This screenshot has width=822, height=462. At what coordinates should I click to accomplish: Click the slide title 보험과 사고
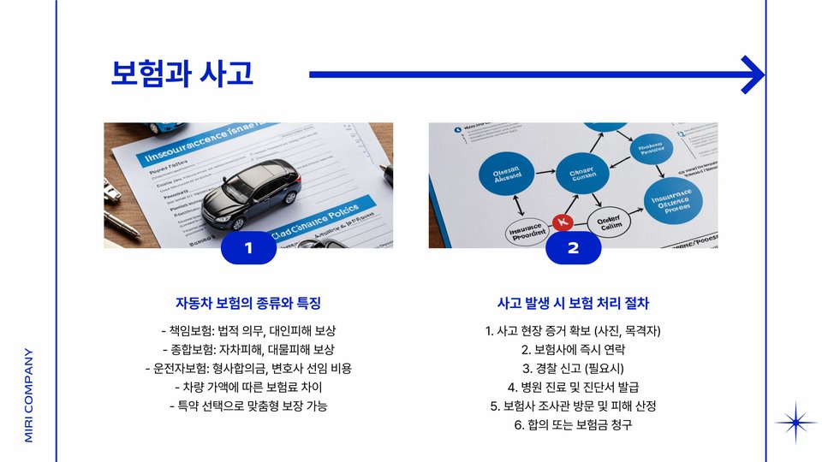pos(182,74)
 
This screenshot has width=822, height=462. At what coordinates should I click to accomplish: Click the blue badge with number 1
pos(248,248)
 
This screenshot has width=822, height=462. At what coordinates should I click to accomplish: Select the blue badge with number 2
pos(573,248)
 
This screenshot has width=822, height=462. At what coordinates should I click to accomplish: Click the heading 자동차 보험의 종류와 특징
pos(248,304)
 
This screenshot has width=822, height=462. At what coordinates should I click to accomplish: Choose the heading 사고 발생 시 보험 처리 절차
pos(573,304)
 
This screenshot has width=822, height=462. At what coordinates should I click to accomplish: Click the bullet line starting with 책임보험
pos(248,331)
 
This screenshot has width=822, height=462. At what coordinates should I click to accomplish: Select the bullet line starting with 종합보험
pos(248,350)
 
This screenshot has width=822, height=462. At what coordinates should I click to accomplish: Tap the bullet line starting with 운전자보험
pos(248,369)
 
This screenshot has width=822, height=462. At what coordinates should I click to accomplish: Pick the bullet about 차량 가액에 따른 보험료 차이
pos(248,388)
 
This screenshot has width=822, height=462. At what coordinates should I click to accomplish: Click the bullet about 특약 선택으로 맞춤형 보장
pos(248,406)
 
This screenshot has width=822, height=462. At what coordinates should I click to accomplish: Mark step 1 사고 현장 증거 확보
pos(573,331)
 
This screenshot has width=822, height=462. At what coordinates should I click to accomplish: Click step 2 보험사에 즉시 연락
pos(573,350)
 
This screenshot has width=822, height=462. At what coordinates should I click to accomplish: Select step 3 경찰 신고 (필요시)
pos(573,369)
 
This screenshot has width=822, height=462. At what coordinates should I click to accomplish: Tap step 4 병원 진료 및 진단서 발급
pos(573,388)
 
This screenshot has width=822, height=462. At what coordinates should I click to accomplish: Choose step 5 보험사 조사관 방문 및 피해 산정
pos(573,406)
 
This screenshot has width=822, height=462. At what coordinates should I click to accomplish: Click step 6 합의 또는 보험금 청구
pos(573,425)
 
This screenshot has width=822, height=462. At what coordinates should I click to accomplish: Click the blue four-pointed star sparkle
pos(795,423)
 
